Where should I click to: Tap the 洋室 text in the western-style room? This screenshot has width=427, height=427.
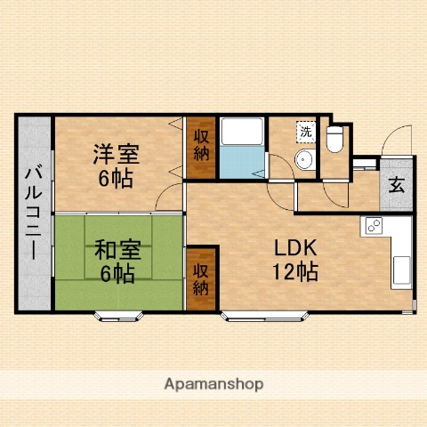115,153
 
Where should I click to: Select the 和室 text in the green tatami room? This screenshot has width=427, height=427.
115,250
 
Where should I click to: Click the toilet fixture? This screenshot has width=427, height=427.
335,141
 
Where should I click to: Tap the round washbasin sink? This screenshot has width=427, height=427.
303,160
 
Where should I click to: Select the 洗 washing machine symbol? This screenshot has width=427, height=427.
305,131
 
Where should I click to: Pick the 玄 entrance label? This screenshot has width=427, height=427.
395,188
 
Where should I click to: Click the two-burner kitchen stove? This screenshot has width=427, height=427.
371,227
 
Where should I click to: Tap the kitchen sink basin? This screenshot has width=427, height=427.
400,266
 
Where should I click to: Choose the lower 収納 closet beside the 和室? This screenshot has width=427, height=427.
201,277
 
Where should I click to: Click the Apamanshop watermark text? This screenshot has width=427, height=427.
213,384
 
